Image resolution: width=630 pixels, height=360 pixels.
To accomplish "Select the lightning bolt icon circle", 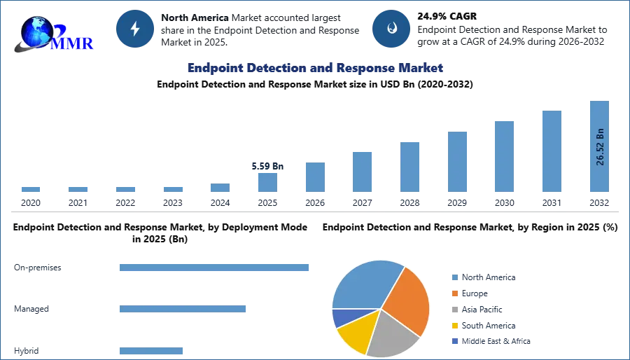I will (136, 29).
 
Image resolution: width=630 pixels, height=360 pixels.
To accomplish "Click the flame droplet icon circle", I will (391, 29).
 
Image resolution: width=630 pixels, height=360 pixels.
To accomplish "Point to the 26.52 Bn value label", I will (600, 148).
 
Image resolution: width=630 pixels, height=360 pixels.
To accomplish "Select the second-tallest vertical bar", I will (551, 151).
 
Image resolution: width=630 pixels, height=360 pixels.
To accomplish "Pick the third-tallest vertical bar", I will (503, 156).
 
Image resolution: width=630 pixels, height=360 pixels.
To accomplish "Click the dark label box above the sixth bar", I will (269, 167).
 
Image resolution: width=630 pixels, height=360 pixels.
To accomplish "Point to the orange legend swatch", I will (453, 293).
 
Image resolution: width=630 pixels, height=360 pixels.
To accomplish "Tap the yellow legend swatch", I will (453, 325).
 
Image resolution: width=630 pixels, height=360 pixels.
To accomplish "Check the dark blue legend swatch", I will (453, 342).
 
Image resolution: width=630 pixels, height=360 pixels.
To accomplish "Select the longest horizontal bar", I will (215, 268).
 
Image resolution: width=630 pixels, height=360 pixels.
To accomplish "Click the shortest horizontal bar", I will (150, 352).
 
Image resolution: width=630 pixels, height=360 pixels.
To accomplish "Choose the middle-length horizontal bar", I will (181, 307).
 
